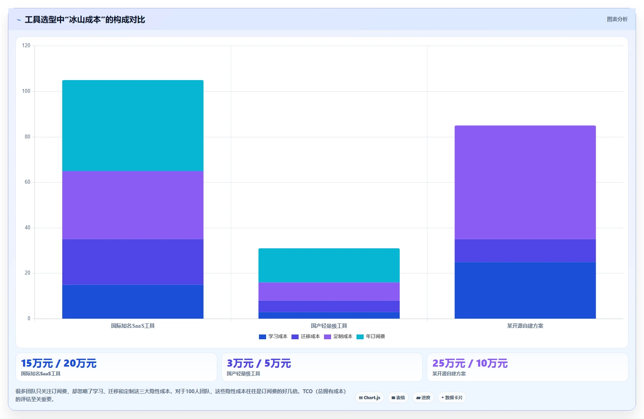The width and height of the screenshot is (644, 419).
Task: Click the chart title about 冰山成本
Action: (85, 19)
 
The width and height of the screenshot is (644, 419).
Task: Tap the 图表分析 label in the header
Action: (617, 19)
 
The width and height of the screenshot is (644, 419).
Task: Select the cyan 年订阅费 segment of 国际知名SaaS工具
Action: (133, 126)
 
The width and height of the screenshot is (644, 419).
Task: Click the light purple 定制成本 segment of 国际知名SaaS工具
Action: (133, 205)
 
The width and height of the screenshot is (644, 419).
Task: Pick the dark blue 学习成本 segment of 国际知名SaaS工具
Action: (133, 302)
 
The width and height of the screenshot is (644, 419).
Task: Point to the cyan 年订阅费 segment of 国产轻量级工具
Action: (329, 265)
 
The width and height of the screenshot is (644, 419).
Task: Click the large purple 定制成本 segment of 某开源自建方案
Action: (525, 183)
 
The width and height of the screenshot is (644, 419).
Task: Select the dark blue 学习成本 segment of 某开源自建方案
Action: (525, 290)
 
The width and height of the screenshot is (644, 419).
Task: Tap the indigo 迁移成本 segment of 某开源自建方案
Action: (525, 250)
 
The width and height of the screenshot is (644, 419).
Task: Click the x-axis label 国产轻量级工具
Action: (329, 326)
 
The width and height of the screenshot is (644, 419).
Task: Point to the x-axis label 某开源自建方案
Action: (525, 326)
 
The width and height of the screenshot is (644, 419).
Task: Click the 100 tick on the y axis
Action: (26, 91)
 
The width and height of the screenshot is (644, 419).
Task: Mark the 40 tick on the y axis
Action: (27, 227)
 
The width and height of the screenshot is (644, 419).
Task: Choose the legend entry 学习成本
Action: (273, 336)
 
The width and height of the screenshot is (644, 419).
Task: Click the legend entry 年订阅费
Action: (371, 336)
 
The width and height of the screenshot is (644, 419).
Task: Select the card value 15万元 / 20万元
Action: (59, 363)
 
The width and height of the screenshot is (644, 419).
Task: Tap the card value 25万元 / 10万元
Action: (470, 363)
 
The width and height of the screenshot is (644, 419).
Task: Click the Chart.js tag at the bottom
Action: (370, 398)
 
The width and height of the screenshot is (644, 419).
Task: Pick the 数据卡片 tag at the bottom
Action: (452, 398)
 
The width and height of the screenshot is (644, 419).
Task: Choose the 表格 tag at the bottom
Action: (398, 398)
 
